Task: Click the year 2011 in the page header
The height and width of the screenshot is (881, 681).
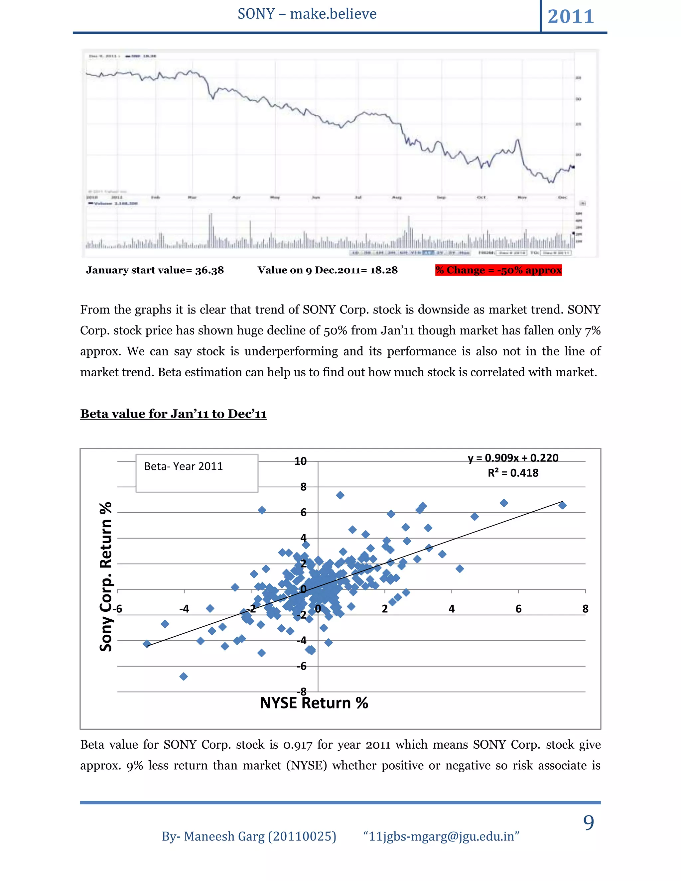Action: [x=571, y=17]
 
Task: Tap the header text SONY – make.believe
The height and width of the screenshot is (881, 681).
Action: [x=307, y=14]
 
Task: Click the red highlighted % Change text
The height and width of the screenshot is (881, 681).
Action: [x=498, y=270]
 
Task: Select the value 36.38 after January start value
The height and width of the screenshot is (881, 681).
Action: [x=209, y=270]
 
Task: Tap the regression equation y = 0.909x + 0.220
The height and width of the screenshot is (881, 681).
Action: [x=513, y=458]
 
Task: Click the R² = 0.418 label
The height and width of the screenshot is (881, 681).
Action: [x=513, y=473]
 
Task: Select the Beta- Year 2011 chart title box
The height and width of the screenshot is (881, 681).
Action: [x=197, y=473]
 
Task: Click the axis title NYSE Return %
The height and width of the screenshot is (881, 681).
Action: [x=314, y=703]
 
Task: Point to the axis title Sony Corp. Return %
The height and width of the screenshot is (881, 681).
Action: [x=106, y=576]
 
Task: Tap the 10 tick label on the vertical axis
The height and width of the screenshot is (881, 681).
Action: [x=300, y=461]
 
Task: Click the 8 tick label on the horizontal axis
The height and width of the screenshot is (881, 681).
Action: [x=585, y=609]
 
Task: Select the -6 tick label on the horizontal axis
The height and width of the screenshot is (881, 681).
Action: [x=117, y=609]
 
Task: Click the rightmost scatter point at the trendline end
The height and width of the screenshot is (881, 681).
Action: [x=562, y=505]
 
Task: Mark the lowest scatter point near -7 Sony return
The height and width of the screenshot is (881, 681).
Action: [x=184, y=677]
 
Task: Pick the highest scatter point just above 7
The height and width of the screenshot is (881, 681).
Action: [x=340, y=495]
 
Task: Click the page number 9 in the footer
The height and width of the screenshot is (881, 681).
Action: [x=589, y=823]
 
